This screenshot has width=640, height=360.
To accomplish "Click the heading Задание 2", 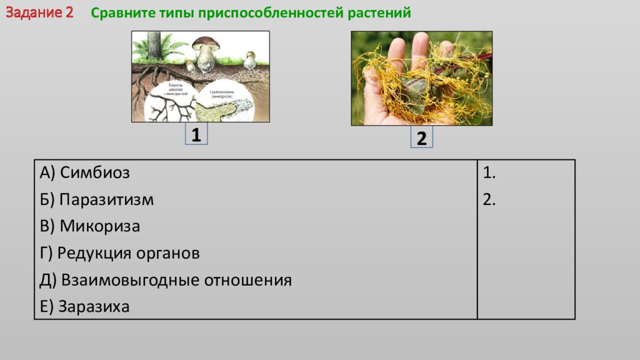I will pos(40,13).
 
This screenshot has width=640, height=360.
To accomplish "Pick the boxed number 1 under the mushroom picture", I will pos(196,135).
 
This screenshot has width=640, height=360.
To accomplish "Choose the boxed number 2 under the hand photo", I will pos(421,138).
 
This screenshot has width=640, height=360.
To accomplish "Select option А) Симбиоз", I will pos(84,172).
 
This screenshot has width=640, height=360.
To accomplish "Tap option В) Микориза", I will pos(89,226).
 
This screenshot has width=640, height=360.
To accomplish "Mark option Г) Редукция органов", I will pos(119,253).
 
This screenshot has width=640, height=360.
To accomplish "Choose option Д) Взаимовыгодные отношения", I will pos(166,280).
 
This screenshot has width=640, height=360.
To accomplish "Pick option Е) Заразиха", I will pos(84,307).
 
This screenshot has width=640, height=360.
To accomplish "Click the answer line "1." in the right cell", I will pos(489,173).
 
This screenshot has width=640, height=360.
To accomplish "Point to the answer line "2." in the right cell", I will pos(489,200).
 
